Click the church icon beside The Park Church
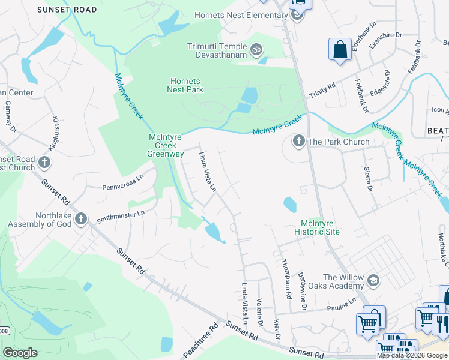click(298, 142)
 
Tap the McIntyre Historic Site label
click(317, 227)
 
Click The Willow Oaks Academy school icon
click(373, 280)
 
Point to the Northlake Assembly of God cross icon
click(82, 219)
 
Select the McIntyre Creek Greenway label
click(166, 145)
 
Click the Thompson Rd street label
click(286, 277)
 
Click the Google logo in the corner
click(20, 352)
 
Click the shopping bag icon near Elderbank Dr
click(340, 50)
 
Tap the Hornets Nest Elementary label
click(241, 15)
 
